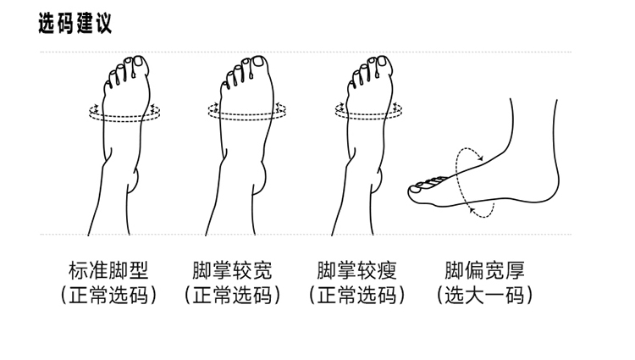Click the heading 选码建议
pyautogui.click(x=75, y=24)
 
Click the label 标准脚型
pyautogui.click(x=108, y=271)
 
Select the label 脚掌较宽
pyautogui.click(x=233, y=271)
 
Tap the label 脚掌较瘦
pyautogui.click(x=356, y=271)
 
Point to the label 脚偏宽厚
pyautogui.click(x=484, y=271)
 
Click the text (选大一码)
pyautogui.click(x=484, y=296)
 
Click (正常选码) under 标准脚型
pyautogui.click(x=108, y=296)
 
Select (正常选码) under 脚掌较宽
pyautogui.click(x=233, y=296)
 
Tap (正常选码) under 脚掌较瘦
pyautogui.click(x=356, y=296)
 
